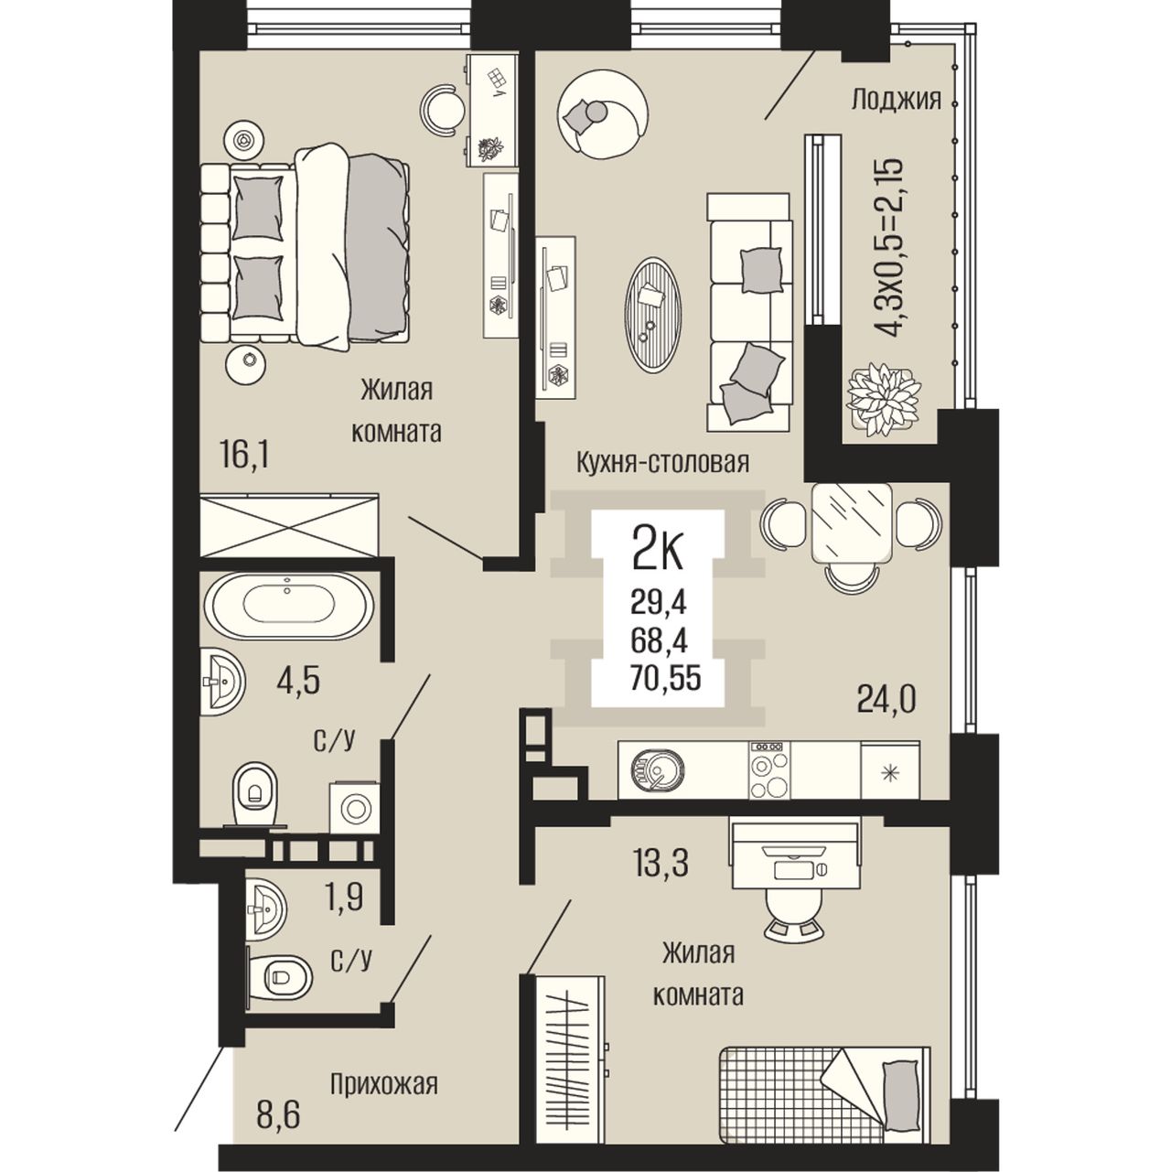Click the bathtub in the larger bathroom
pos(289,605)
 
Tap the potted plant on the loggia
pos(884,398)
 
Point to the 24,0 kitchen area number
pos(886,699)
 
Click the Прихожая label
pos(384,1083)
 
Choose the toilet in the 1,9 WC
pos(279,979)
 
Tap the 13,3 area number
pos(661,865)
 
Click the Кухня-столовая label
pos(662,464)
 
